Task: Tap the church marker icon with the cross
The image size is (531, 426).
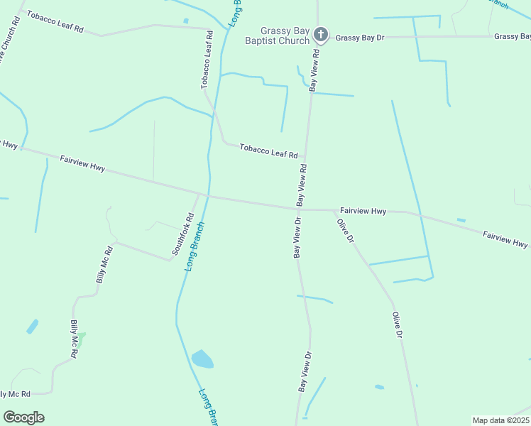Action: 320,34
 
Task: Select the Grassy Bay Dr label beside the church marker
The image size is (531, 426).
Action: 360,37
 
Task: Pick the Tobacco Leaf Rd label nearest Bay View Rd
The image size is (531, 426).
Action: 268,151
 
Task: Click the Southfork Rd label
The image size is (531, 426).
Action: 182,235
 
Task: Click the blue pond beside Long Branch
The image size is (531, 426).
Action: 202,359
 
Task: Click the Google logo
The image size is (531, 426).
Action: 23,417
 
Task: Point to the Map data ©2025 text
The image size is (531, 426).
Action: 500,420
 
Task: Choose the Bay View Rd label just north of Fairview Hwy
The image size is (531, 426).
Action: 302,186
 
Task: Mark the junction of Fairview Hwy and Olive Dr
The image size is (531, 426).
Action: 334,210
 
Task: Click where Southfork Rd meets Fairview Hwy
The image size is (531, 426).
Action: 198,192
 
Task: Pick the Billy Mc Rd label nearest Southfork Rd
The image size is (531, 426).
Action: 105,265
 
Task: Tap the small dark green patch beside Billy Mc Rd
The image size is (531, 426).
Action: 81,339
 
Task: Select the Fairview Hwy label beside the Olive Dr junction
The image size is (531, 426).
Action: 363,211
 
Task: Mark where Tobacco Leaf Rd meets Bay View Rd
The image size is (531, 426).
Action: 306,158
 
